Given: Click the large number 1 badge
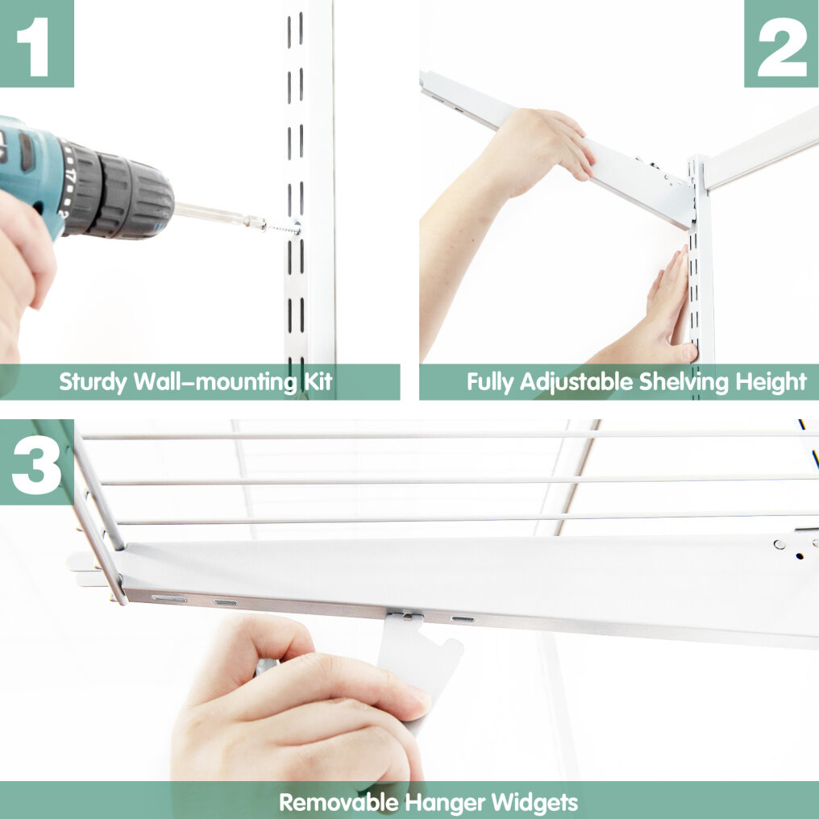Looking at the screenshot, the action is tap(36, 44).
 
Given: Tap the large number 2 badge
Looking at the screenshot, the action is tap(781, 44).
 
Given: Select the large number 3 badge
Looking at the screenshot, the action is tap(36, 462).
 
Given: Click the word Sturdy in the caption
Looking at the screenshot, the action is tap(93, 382).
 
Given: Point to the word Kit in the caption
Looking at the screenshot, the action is tap(318, 382).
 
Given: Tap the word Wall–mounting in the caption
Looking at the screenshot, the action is tap(216, 382).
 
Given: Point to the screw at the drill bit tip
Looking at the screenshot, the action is tap(283, 228).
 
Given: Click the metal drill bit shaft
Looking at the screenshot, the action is tap(219, 214).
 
